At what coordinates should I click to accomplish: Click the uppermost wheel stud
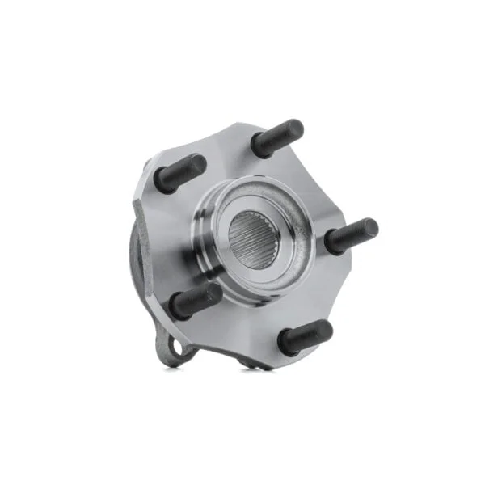tap(277, 138)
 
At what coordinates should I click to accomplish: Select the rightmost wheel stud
tap(352, 235)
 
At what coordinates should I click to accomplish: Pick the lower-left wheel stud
tap(196, 300)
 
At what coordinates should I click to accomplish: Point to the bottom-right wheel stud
tap(305, 336)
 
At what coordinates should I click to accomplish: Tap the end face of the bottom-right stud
tap(323, 329)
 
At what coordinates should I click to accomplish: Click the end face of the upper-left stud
tap(196, 164)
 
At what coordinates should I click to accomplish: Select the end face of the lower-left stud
tap(213, 293)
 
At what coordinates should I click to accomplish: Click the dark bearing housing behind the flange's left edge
tap(136, 259)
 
